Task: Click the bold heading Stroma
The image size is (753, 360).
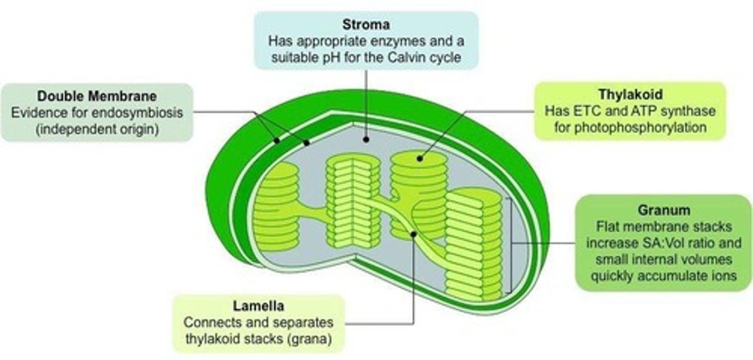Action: (x=366, y=25)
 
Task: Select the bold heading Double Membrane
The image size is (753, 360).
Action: (x=97, y=96)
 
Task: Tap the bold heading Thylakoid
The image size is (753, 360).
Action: (x=630, y=95)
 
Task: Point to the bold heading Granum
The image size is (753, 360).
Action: (x=664, y=210)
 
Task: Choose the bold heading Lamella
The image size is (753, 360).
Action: (x=259, y=306)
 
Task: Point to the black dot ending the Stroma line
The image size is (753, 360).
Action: (x=366, y=140)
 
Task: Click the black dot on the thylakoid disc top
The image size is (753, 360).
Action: (x=420, y=157)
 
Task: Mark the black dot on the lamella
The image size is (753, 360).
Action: (x=414, y=234)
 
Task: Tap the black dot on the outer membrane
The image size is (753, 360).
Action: (x=277, y=141)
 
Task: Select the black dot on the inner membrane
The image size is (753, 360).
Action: (x=306, y=142)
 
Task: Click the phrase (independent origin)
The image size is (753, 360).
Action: (x=97, y=129)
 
